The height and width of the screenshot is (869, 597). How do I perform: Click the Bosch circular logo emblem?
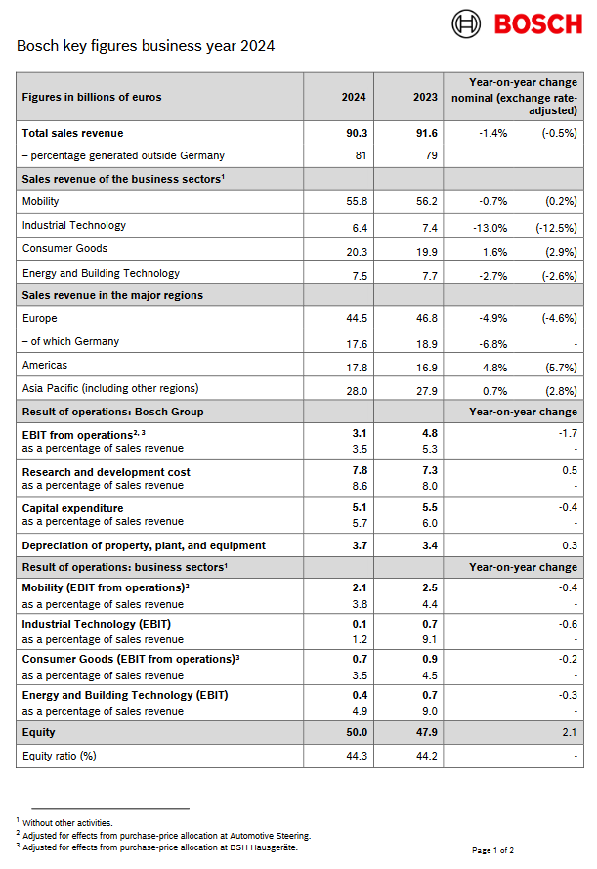coord(466,23)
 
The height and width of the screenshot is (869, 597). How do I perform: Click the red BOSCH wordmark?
coord(537,23)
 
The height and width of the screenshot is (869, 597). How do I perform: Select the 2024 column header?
coord(354,97)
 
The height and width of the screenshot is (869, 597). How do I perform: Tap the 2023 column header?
coord(424,97)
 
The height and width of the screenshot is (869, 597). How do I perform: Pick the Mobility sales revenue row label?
coord(41,201)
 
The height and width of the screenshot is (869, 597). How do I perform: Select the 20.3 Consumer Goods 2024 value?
coord(356,250)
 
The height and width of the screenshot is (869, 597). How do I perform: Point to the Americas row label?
coord(45,365)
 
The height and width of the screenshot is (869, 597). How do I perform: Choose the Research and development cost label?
coord(106,472)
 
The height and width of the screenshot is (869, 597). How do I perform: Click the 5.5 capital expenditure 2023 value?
coord(429,508)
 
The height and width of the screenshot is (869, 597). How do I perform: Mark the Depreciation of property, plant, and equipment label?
coord(144,545)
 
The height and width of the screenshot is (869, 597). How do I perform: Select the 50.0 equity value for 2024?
coord(356,732)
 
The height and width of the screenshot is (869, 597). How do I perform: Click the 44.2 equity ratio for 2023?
coord(426,756)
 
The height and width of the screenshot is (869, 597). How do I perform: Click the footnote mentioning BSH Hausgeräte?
coord(159,847)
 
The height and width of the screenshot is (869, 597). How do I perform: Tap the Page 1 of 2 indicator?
coord(492,850)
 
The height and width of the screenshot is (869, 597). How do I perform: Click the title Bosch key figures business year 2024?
coord(146,46)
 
